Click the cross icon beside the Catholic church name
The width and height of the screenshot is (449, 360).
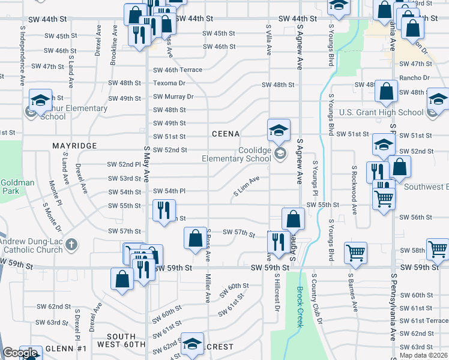71,244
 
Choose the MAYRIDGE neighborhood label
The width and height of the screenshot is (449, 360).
74,146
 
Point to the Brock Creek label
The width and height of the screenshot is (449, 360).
300,306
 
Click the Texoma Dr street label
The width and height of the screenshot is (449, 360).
169,83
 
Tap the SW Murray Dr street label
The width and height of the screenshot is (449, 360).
173,97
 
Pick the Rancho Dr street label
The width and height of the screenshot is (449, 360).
418,78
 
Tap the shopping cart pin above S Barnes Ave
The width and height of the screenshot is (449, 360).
355,252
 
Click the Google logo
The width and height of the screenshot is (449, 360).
20,353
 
